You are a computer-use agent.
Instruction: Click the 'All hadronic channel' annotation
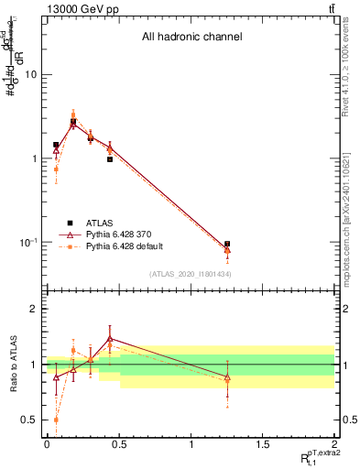click(191, 38)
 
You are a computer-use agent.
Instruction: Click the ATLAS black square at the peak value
click(73, 122)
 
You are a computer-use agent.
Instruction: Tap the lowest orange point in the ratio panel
click(56, 420)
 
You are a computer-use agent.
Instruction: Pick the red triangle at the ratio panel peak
click(110, 339)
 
